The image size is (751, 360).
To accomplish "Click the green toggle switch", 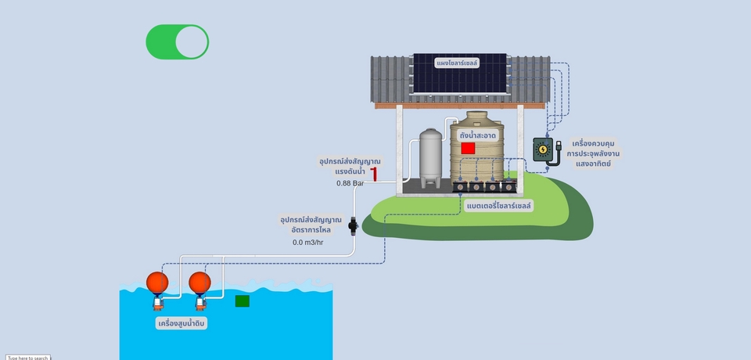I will (x=178, y=41).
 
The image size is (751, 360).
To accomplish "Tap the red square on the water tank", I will (x=468, y=148).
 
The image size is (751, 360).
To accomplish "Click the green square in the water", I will (x=243, y=301).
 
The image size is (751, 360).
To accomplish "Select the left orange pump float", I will (x=157, y=283).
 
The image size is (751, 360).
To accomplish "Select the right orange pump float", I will (x=200, y=283).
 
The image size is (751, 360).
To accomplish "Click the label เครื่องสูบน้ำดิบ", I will (x=181, y=322).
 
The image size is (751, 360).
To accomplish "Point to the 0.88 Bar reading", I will (x=350, y=183).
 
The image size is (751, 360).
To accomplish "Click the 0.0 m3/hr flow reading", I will (x=308, y=243).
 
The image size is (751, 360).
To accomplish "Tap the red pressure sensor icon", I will (x=374, y=174).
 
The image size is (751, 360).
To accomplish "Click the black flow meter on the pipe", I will (x=354, y=227).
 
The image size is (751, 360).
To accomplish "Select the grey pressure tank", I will (x=431, y=158).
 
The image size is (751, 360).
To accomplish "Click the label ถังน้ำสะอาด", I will (x=478, y=135).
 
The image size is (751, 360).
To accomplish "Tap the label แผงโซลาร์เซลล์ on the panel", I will (x=458, y=62).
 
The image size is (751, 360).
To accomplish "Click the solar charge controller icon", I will (x=543, y=149).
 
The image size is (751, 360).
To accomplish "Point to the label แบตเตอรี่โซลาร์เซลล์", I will (x=498, y=206).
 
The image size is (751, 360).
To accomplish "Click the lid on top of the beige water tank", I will (x=477, y=115).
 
